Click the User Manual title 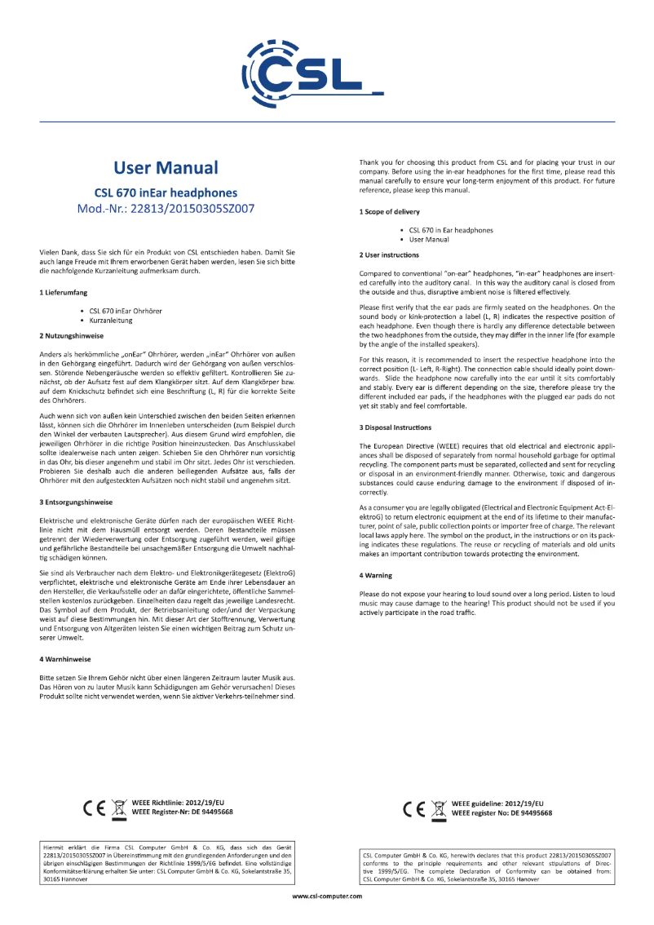pos(166,168)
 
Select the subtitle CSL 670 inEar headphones pos(166,193)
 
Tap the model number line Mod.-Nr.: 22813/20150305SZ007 pos(166,208)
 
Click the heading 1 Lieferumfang pos(64,291)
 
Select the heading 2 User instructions pos(390,255)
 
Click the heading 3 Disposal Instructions pos(395,427)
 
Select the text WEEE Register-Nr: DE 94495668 pos(182,812)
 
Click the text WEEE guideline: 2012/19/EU pos(497,804)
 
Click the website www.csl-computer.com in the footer pos(326,896)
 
